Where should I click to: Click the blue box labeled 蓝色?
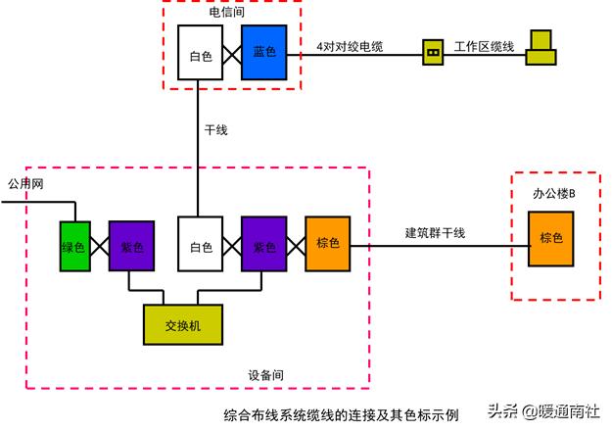tap(264, 52)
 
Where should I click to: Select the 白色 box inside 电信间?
tap(200, 52)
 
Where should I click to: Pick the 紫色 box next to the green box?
tap(131, 244)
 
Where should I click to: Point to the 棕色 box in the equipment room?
tap(327, 243)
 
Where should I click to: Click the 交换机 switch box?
tap(182, 325)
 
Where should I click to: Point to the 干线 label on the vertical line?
tap(215, 129)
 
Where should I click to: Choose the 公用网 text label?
tap(25, 184)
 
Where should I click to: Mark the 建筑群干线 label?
tap(435, 232)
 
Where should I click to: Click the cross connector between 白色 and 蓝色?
tap(232, 52)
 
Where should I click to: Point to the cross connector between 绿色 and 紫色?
tap(99, 244)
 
